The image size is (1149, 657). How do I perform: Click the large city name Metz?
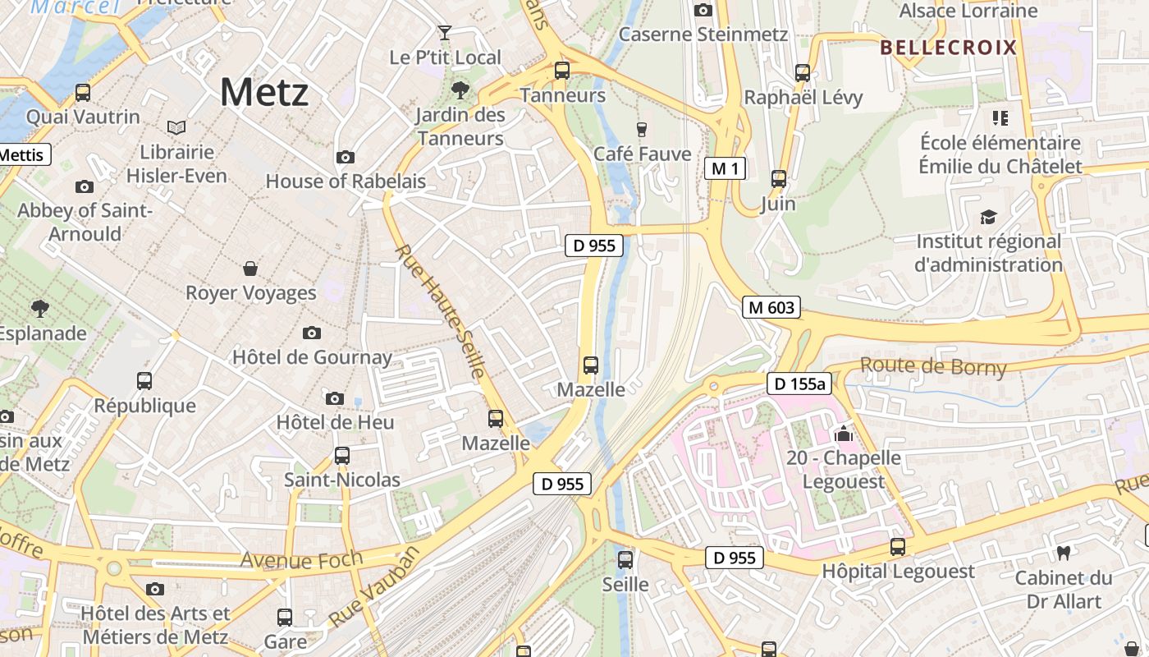264,92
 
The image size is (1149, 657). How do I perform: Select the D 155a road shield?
799,384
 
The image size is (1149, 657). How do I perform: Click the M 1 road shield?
725,169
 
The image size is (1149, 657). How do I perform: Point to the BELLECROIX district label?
948,48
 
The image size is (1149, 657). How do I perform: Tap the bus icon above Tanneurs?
561,71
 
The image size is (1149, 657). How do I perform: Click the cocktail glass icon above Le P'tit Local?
445,33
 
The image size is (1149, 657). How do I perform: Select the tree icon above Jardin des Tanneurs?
460,90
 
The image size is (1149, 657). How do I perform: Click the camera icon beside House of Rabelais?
346,157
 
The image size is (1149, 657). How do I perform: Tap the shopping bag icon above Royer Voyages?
250,269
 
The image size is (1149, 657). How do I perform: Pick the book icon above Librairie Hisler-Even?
176,127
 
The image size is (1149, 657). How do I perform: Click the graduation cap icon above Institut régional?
988,218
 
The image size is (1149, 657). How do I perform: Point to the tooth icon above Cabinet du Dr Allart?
1064,554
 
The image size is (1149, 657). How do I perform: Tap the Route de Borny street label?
932,366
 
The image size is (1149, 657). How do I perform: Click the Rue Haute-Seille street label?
440,312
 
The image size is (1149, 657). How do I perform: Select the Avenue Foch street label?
301,561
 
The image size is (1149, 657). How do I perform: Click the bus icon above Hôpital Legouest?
898,547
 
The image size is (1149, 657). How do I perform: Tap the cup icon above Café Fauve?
642,129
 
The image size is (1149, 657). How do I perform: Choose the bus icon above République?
144,381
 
